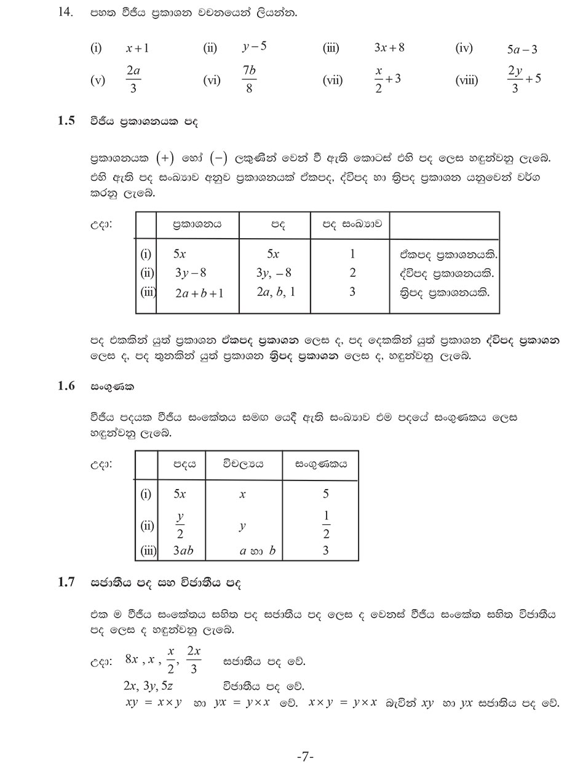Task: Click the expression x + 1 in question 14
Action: point(138,49)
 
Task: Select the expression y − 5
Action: point(254,47)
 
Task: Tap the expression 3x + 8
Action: point(389,47)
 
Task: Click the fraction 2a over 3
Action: point(133,79)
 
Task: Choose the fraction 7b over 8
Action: point(249,79)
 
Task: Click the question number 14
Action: point(65,12)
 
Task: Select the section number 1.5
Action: point(66,121)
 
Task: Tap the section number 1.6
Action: point(66,386)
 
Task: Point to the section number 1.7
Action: point(66,582)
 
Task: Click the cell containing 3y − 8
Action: point(191,273)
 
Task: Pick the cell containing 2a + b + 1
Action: point(199,293)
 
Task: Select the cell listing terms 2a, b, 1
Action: point(276,292)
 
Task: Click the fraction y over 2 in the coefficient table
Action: point(180,525)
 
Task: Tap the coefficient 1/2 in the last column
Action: point(326,525)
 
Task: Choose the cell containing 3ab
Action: point(183,551)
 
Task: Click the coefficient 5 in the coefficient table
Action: point(326,493)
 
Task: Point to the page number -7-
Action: point(305,756)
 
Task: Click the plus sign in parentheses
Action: point(165,158)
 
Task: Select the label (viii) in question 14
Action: point(467,80)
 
